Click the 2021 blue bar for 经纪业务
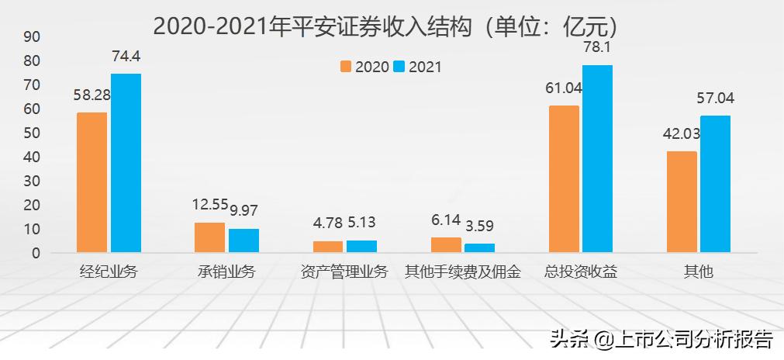coord(126,163)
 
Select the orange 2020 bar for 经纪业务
coord(92,182)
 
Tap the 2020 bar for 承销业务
coord(209,237)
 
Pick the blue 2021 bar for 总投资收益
coord(597,158)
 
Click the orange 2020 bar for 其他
coord(682,202)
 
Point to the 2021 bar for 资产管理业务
coord(361,246)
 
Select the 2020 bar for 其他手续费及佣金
coord(446,244)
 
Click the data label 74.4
coord(126,56)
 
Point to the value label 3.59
coord(479,227)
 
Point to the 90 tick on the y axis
coord(32,36)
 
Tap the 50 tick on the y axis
coord(32,133)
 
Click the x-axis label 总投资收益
coord(581,272)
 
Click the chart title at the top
coord(385,26)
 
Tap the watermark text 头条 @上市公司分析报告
coord(661,340)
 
